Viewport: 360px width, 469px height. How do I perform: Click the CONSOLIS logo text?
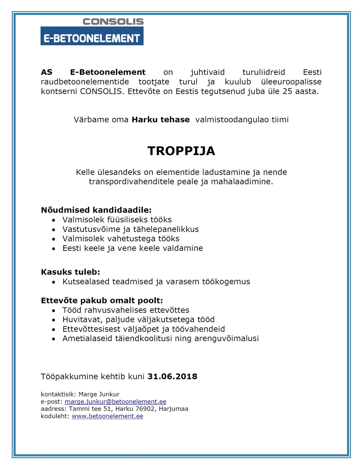coord(113,22)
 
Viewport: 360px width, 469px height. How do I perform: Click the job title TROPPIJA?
coord(181,151)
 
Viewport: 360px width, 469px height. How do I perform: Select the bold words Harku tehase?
coord(160,120)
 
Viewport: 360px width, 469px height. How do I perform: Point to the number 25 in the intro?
coord(287,91)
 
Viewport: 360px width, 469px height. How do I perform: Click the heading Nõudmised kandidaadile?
coord(96,210)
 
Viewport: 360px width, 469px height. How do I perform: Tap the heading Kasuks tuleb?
coord(70,272)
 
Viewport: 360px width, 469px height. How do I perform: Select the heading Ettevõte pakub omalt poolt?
coord(102,300)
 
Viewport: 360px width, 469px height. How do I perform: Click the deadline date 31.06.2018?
coord(172,376)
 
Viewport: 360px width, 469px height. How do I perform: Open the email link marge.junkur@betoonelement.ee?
coord(115,402)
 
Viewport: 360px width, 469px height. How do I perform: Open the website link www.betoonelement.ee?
coord(107,416)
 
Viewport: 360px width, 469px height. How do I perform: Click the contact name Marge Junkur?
coord(99,394)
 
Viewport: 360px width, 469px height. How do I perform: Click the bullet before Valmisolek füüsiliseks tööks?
coord(54,220)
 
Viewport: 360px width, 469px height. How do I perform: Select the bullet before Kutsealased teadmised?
coord(54,282)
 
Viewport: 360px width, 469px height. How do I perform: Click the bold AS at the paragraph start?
coord(46,72)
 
